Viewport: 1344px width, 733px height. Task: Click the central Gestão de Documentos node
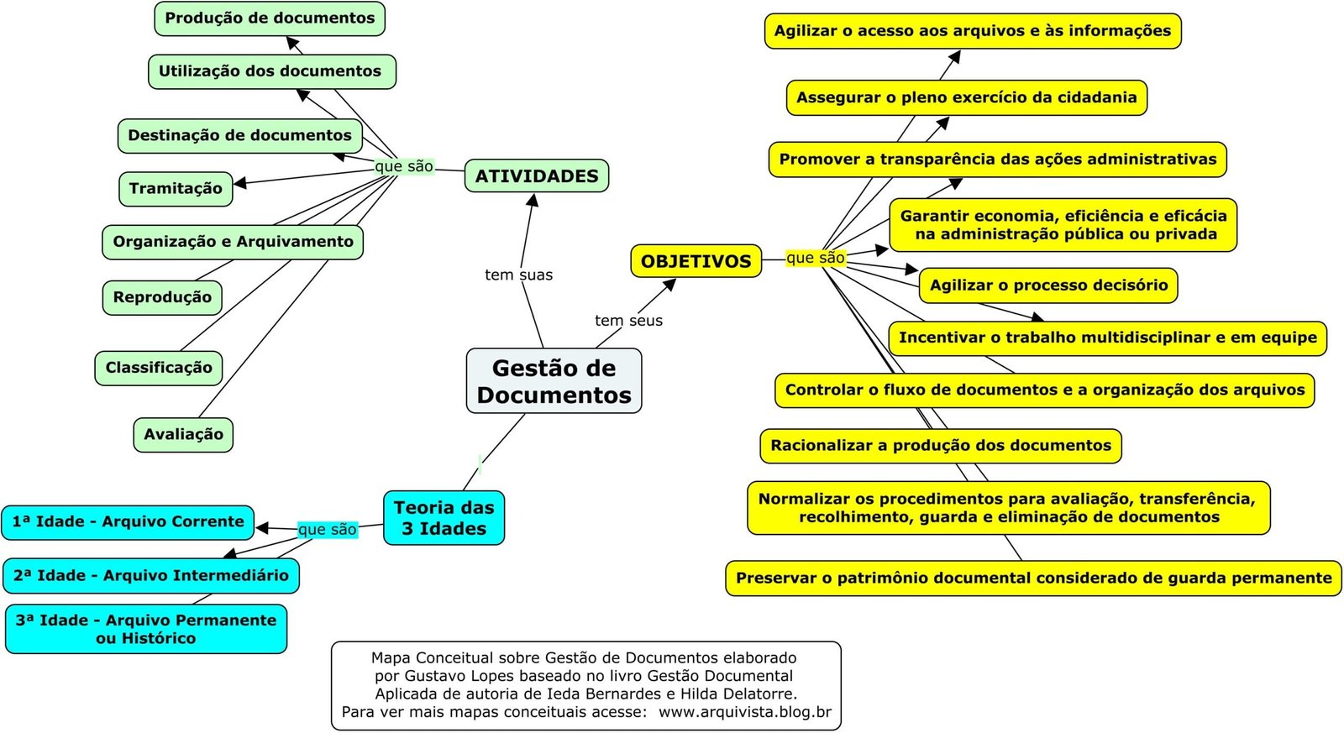tap(554, 381)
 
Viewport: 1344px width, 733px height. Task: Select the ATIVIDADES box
tap(537, 176)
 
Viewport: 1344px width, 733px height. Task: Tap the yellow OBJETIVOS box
tap(696, 261)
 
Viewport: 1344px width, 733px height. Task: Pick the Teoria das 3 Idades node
tap(444, 518)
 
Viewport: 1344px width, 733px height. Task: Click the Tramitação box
tap(176, 188)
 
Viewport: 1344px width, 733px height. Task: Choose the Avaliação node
tap(183, 434)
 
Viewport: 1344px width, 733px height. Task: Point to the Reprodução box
tap(162, 297)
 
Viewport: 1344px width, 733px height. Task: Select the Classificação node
tap(159, 367)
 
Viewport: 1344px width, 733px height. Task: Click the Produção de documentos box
tap(270, 18)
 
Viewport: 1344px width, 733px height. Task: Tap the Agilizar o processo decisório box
tap(1048, 285)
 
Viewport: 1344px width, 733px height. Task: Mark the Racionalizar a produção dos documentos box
tap(941, 445)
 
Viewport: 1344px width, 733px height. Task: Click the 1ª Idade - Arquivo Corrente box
tap(128, 521)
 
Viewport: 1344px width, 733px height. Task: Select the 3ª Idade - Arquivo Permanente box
tap(146, 629)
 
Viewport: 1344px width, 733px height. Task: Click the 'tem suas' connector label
tap(518, 275)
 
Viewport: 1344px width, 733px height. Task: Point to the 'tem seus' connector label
tap(628, 320)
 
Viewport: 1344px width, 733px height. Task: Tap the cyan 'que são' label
tap(328, 529)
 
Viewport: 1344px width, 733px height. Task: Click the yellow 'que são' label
tap(815, 258)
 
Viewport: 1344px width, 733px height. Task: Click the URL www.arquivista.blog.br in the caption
tap(745, 712)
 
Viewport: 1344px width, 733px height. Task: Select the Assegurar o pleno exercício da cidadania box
tap(966, 97)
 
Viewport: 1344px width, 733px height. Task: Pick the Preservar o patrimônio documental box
tap(1033, 578)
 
